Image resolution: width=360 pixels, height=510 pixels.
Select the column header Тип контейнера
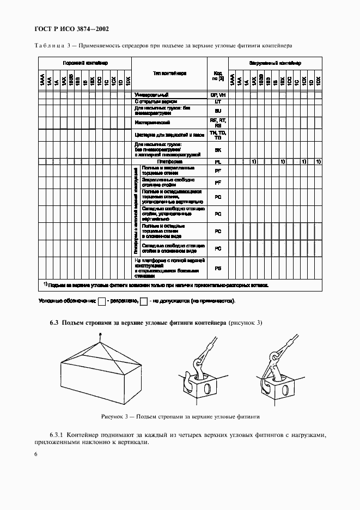coord(169,72)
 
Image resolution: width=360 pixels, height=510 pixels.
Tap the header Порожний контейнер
coord(84,63)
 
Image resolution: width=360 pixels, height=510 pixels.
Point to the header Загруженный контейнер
coord(275,63)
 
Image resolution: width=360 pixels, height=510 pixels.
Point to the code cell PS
coord(218,268)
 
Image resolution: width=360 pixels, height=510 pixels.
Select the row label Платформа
coord(169,162)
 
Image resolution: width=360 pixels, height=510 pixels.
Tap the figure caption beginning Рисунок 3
coord(180,416)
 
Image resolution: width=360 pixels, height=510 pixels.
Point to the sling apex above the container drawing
coord(100,342)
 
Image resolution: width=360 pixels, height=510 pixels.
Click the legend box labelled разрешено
coord(101,301)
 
